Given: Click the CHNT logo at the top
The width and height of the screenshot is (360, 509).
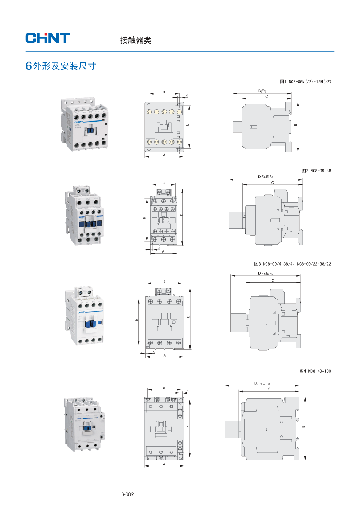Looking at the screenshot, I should (48, 38).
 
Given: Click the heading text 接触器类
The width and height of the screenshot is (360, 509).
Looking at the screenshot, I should (135, 40).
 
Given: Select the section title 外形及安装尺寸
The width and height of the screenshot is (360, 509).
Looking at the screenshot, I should (64, 66).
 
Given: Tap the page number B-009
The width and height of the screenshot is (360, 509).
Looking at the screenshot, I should (127, 494).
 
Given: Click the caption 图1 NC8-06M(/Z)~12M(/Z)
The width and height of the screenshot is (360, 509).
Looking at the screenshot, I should (305, 82).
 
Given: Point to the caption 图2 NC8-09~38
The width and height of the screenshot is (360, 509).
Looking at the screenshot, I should (316, 171).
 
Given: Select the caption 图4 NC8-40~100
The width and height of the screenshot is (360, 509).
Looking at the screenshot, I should (315, 371).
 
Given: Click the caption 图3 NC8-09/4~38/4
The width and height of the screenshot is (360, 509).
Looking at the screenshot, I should (274, 264).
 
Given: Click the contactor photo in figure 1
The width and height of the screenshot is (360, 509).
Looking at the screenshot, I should (84, 124).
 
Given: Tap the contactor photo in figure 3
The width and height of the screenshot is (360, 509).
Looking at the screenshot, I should (84, 316).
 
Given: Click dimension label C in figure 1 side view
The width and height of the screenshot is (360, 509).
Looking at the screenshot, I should (267, 97).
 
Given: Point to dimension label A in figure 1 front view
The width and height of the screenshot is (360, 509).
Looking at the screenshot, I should (164, 155).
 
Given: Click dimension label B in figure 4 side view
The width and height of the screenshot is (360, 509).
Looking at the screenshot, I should (304, 427).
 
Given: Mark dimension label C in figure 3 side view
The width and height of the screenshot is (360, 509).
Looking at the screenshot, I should (273, 280).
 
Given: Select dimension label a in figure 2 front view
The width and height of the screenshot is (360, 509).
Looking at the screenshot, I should (164, 183).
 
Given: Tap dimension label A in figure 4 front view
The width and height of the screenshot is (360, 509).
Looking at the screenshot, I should (164, 464).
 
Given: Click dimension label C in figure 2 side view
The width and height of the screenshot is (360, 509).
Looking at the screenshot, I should (273, 183).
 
